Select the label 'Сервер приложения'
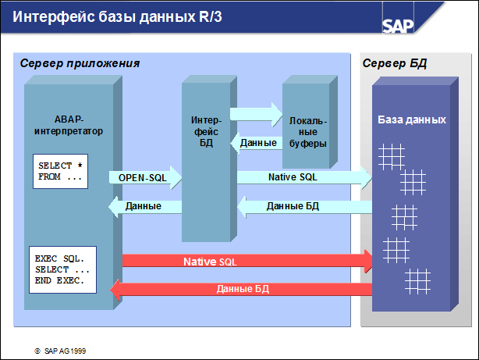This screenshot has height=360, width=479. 80,62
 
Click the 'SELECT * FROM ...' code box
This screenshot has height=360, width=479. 59,171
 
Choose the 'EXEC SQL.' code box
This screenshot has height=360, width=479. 62,269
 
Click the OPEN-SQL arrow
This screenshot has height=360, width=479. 144,178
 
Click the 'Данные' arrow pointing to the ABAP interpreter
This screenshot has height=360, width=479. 144,206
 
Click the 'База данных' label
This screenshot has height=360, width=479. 412,120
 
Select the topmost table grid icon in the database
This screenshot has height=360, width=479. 391,154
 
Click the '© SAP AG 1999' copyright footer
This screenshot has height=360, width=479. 60,351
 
